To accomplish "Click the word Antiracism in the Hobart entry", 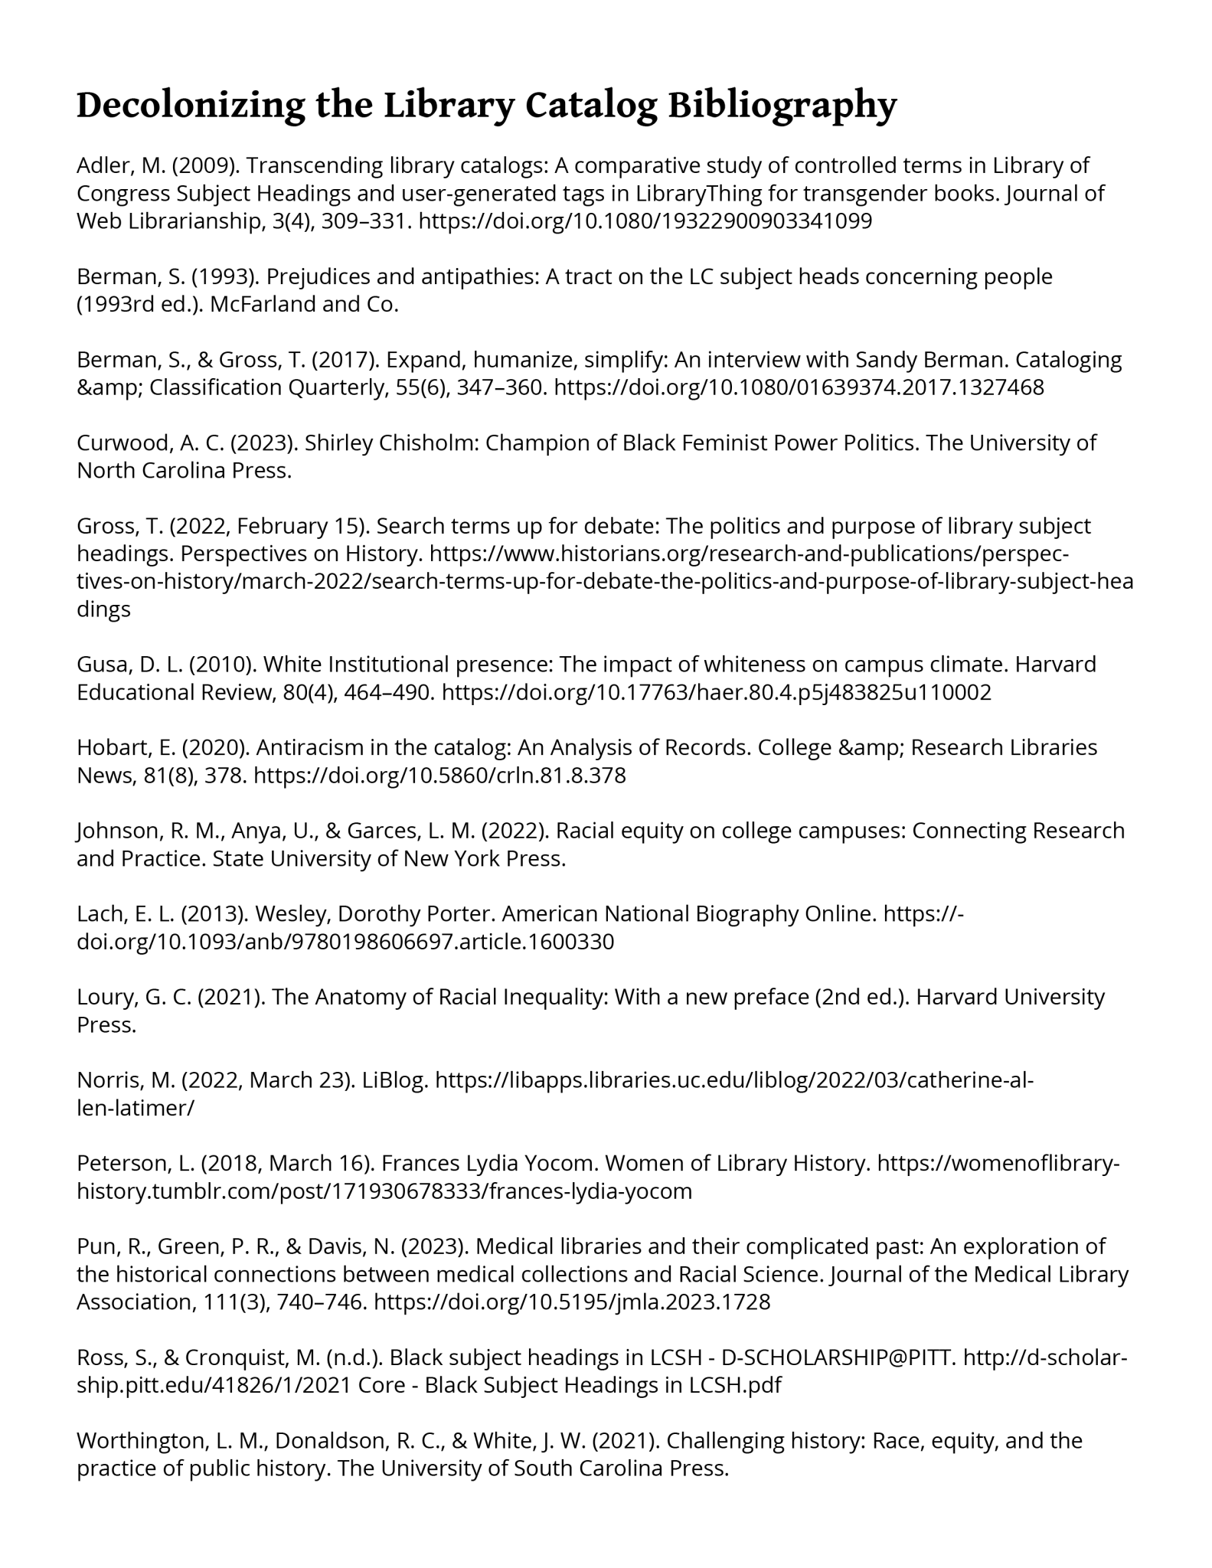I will click(x=313, y=747).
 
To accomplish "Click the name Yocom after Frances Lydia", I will click(x=562, y=1164).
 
